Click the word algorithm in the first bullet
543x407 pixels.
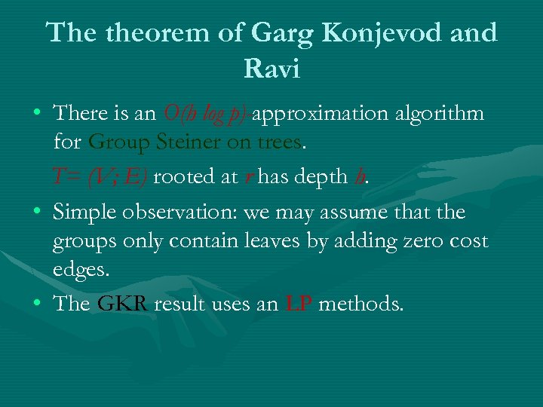[x=440, y=114]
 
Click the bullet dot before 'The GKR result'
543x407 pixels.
[x=37, y=304]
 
